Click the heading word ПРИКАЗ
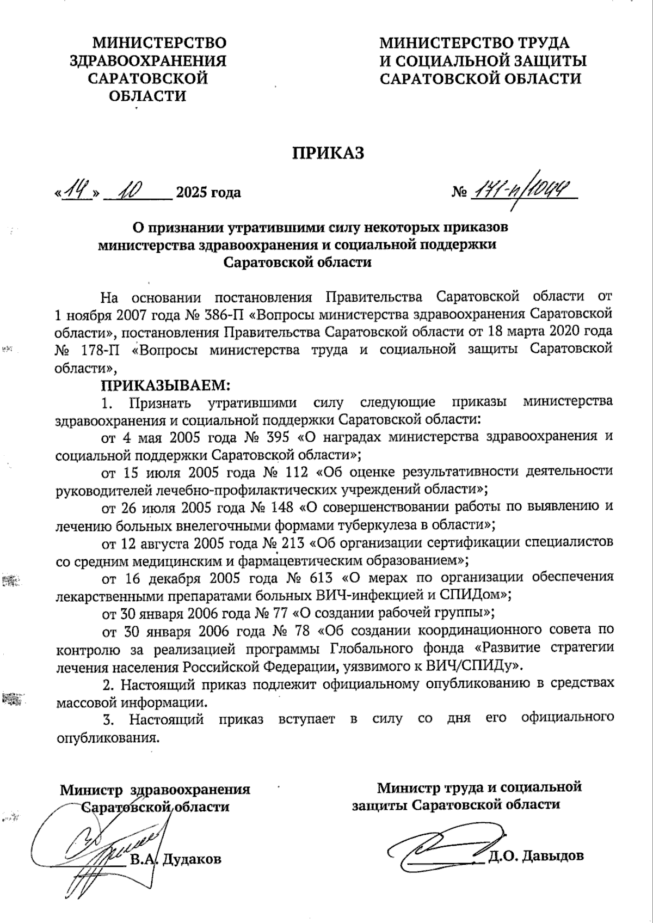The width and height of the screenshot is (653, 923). (328, 154)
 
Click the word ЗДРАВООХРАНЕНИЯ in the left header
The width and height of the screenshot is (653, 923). (148, 60)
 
